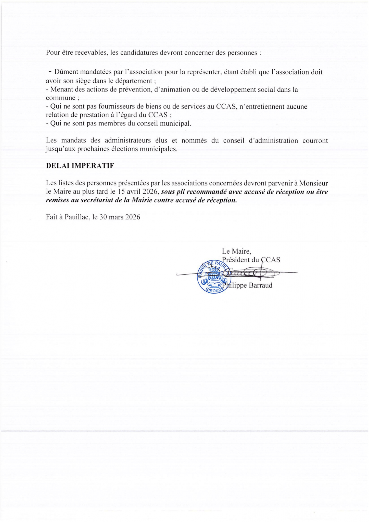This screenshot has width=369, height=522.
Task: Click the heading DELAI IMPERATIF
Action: coord(80,166)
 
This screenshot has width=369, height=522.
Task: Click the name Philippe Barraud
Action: coord(247,285)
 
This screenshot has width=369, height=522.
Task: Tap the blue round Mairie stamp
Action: coord(214,277)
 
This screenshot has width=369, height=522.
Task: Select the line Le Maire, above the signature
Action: coord(237,251)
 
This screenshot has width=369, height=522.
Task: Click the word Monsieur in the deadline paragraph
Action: coord(313,183)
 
